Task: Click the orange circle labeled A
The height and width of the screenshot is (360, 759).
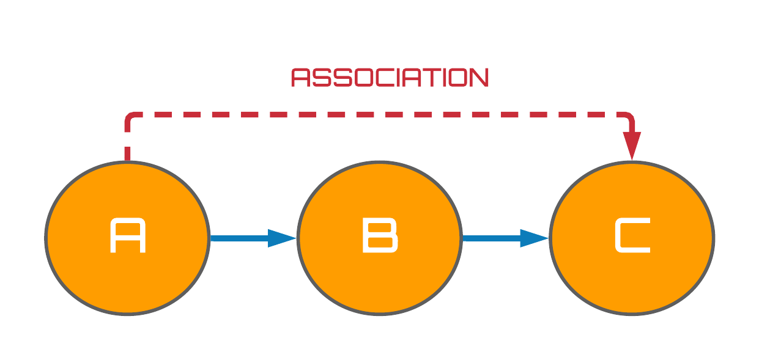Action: point(127,238)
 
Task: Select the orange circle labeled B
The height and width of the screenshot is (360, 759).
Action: point(380,238)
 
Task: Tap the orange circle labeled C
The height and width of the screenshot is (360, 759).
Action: point(632,238)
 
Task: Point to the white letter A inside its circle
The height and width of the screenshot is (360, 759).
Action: point(128,235)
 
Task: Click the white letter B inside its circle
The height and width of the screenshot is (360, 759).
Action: point(380,235)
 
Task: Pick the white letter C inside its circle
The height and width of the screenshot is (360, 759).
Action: point(632,235)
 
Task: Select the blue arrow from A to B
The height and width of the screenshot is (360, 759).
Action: point(253,238)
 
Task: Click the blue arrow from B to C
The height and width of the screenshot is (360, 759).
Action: point(506,238)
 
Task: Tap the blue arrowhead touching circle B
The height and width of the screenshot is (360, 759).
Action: point(282,238)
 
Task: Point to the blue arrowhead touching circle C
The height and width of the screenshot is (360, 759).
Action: point(535,238)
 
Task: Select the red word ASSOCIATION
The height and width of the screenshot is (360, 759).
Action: point(390,78)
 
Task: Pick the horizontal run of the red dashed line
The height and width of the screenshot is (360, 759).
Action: point(379,115)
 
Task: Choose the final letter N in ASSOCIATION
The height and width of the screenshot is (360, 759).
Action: point(479,78)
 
